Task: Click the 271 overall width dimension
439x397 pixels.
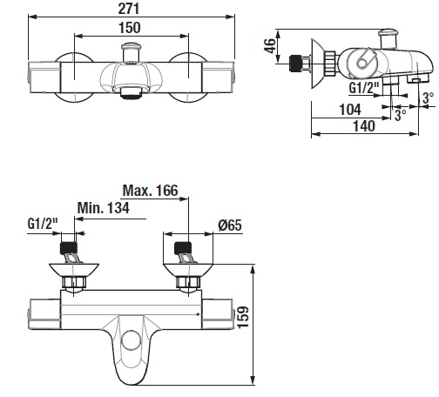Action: click(x=129, y=9)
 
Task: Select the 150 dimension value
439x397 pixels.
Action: click(x=130, y=28)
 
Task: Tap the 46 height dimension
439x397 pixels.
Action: click(x=270, y=45)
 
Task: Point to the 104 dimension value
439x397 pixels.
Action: click(x=350, y=110)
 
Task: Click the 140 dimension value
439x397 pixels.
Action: click(x=364, y=126)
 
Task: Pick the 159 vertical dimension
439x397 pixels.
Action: click(x=243, y=317)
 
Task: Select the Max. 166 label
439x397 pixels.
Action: click(x=150, y=191)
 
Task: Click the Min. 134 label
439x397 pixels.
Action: click(x=104, y=208)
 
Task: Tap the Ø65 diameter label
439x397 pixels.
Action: click(x=230, y=225)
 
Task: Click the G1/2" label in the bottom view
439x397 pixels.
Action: click(x=43, y=224)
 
